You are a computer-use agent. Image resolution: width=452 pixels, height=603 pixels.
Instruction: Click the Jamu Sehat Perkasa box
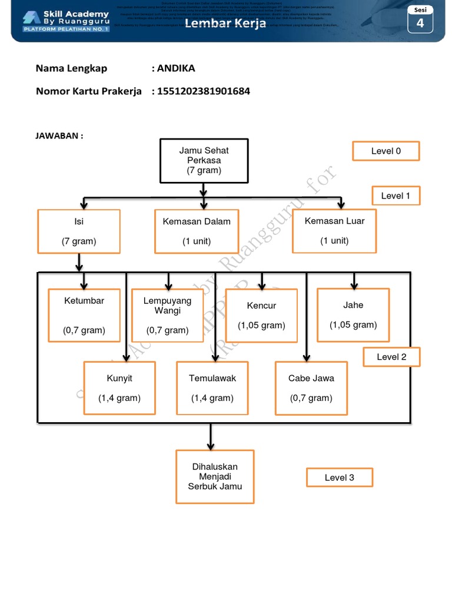tap(204, 160)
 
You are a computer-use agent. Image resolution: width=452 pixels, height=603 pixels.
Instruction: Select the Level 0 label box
tap(385, 151)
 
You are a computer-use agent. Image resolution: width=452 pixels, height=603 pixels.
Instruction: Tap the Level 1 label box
tap(395, 196)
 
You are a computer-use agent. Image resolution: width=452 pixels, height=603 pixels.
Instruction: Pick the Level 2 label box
tap(391, 356)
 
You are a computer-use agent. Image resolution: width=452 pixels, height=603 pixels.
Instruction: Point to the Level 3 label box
tap(340, 478)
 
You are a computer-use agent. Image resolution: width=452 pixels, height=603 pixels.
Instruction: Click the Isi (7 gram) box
tap(79, 231)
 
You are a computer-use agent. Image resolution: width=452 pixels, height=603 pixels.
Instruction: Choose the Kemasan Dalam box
tap(197, 231)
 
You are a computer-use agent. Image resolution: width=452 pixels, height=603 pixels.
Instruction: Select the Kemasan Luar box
tap(334, 230)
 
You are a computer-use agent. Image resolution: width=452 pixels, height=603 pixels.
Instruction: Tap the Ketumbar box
tap(84, 315)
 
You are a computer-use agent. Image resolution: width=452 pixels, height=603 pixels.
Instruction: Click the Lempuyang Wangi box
tap(167, 315)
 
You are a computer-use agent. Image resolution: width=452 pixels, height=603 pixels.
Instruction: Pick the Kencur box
tap(261, 315)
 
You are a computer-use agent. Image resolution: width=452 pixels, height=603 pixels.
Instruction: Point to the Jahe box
tap(353, 314)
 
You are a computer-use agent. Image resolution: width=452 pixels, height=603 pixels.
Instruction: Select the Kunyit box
tap(119, 388)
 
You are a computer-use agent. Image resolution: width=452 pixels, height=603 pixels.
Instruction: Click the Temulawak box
tap(212, 388)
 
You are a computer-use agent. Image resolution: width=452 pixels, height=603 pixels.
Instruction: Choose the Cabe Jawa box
tap(311, 388)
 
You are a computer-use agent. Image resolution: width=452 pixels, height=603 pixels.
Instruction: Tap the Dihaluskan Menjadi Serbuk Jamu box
tap(215, 476)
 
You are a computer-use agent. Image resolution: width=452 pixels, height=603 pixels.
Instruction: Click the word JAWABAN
tap(58, 136)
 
